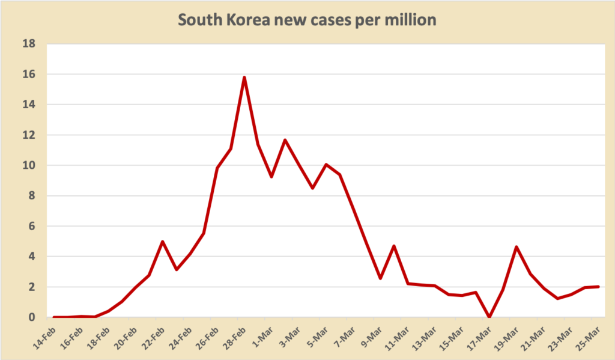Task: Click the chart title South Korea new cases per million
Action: point(307,19)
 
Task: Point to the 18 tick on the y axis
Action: point(29,44)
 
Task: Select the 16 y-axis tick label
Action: point(29,75)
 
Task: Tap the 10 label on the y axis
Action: point(29,165)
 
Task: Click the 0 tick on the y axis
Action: point(32,317)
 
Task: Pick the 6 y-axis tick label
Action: point(32,226)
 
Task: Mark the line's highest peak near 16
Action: point(244,78)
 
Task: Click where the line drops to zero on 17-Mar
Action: point(489,316)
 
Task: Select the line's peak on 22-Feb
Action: point(163,242)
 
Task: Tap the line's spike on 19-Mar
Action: point(517,246)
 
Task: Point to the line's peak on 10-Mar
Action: point(394,246)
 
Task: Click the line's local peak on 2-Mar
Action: point(285,140)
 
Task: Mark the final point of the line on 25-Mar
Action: point(598,287)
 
